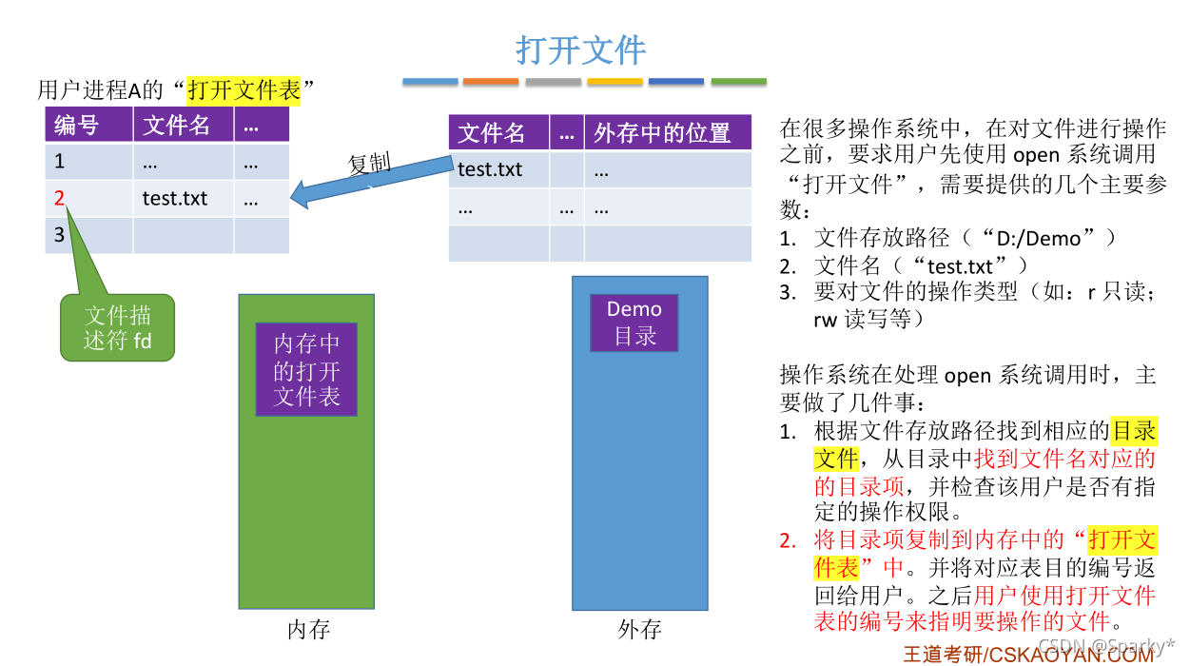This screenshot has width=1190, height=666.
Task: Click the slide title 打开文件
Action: (x=580, y=49)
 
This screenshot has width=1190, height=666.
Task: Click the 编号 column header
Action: (x=76, y=125)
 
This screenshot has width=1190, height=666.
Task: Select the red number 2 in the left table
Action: (x=60, y=199)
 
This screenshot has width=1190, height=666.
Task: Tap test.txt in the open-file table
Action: (x=175, y=199)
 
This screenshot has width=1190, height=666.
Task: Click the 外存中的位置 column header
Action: (x=662, y=133)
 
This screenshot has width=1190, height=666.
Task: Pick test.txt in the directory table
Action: (x=490, y=169)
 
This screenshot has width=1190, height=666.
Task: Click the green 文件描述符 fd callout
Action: (x=117, y=327)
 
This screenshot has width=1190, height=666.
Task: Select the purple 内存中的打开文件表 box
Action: (x=306, y=369)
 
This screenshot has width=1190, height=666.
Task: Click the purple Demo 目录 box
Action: (x=634, y=323)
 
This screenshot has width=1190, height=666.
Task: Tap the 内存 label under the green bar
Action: (x=308, y=630)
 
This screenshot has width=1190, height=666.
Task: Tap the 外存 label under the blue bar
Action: (x=639, y=630)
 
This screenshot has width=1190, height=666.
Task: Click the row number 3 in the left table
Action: (x=60, y=235)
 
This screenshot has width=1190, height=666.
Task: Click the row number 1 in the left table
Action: (x=60, y=162)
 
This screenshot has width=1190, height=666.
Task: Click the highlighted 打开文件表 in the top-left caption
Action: (x=244, y=90)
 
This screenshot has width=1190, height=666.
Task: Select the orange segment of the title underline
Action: (x=491, y=82)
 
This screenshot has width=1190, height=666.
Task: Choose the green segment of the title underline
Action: (x=738, y=82)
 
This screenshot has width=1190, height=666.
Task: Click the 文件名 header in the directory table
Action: (x=492, y=133)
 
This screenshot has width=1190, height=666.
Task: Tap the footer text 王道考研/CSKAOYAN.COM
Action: (x=1028, y=654)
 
